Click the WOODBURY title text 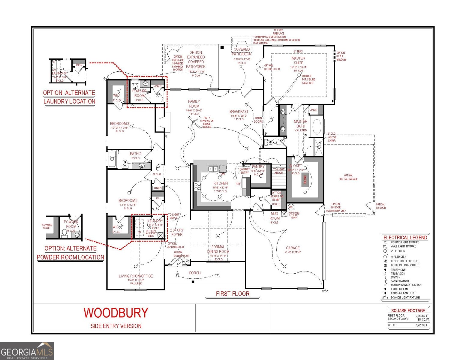[116, 313]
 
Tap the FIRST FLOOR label [233, 294]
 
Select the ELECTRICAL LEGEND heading [405, 237]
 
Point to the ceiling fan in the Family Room [194, 122]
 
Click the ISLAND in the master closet [305, 179]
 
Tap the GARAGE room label [293, 248]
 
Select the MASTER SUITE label [298, 60]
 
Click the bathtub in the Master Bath [317, 127]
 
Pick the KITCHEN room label [221, 183]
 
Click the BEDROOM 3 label [119, 124]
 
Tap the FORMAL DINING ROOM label [218, 249]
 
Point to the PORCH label [195, 273]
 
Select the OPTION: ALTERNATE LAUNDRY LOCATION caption [69, 97]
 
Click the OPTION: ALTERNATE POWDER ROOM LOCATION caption [71, 253]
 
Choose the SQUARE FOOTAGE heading [408, 310]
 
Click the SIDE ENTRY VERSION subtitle [116, 326]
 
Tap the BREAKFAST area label [239, 111]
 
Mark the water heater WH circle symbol [291, 207]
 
